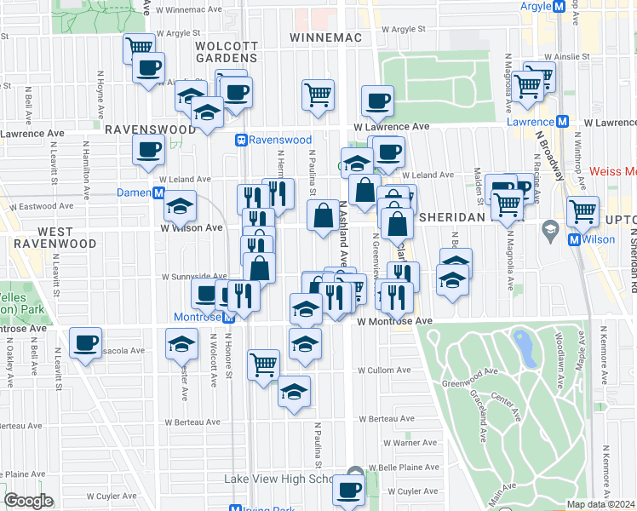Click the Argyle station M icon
560,7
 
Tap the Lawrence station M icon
562,123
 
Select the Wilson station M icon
574,240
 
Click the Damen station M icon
158,193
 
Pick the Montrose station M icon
228,318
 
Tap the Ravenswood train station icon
242,140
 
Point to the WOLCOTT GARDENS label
226,51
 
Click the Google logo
28,501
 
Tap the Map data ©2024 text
601,504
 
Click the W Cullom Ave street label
385,370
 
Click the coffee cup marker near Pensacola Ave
85,342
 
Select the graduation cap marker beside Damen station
180,205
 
